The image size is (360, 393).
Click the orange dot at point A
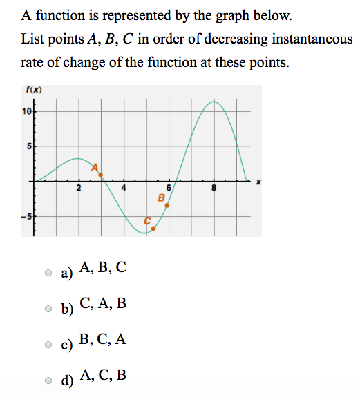101,175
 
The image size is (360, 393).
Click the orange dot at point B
167,205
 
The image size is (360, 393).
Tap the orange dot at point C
153,228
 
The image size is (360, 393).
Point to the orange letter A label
96,166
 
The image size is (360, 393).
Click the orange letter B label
161,198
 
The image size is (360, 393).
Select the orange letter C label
147,220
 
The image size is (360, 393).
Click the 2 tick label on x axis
79,188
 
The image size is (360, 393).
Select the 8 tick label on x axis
215,188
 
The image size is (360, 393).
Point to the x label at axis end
258,182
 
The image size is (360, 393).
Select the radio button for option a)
48,273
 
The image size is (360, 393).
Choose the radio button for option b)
48,308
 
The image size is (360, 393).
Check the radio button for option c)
48,344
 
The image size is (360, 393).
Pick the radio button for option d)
48,380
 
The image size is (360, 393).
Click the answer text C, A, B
103,303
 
